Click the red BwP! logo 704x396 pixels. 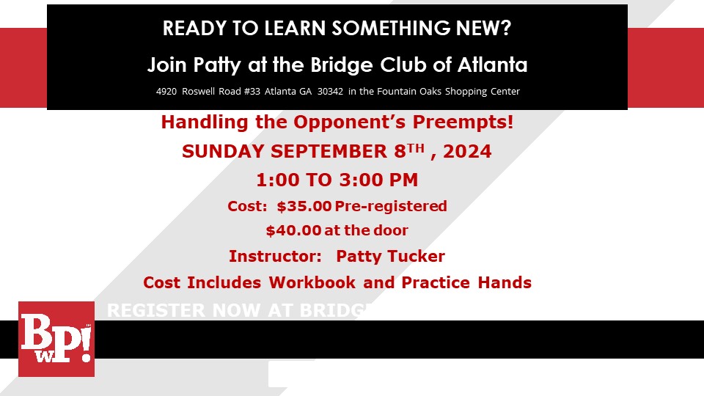56,339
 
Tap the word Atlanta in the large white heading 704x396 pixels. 492,65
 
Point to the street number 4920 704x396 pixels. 168,92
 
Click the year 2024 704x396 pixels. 468,152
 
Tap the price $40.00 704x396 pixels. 293,230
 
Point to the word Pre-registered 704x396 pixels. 391,206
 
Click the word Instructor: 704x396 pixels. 275,256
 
